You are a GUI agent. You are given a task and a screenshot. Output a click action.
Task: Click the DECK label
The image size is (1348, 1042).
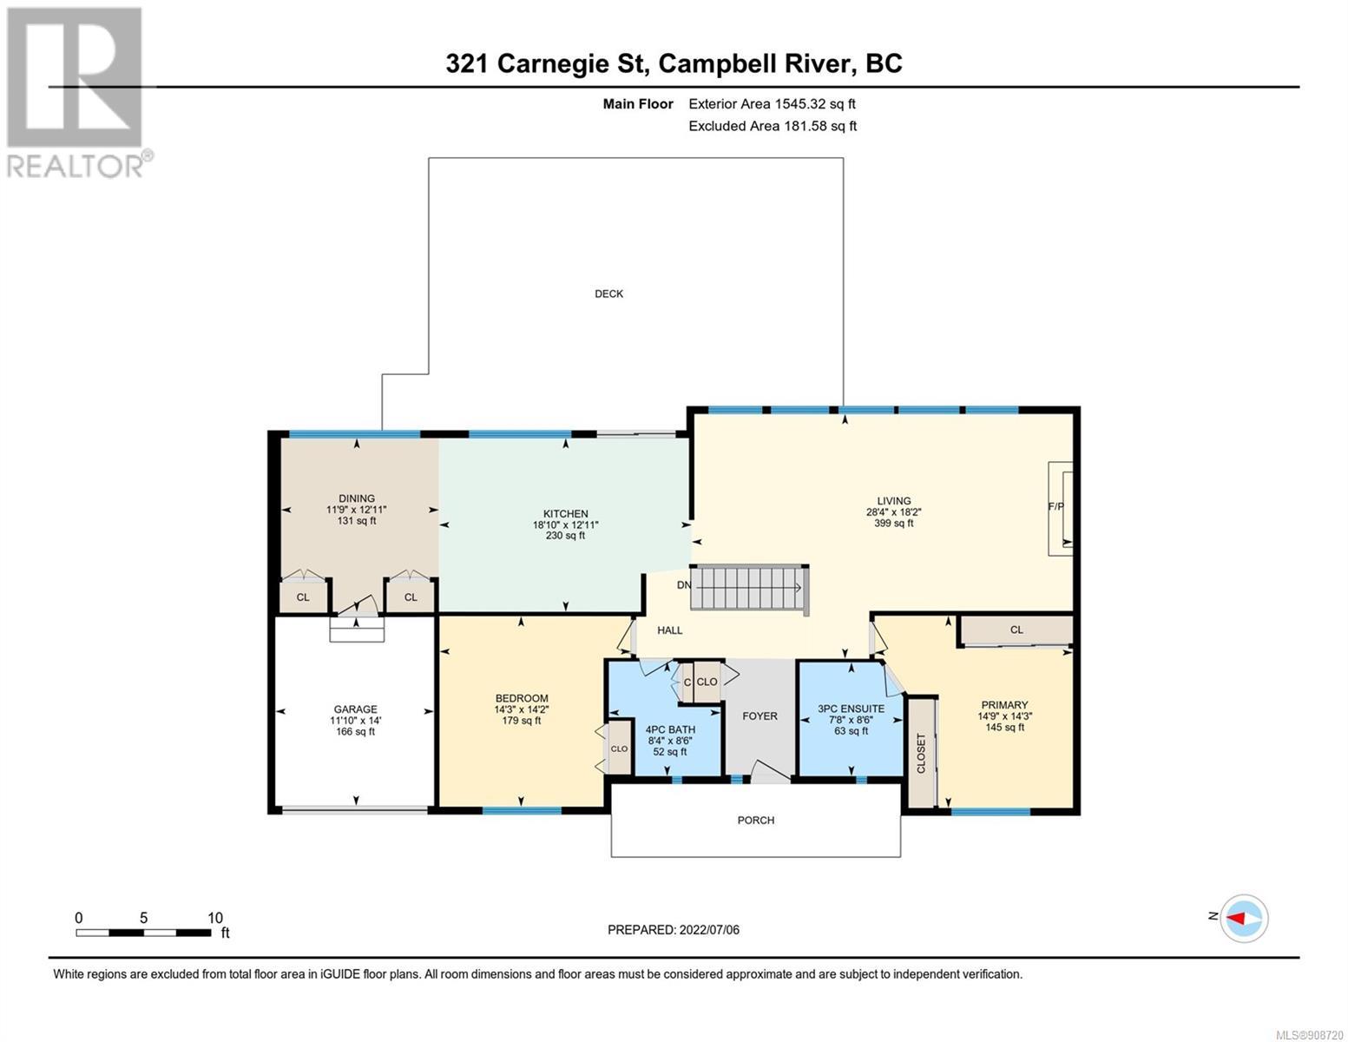pyautogui.click(x=608, y=293)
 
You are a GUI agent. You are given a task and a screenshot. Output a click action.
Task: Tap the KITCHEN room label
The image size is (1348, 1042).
pyautogui.click(x=565, y=513)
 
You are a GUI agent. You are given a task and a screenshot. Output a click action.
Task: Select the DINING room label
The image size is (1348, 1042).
pyautogui.click(x=357, y=498)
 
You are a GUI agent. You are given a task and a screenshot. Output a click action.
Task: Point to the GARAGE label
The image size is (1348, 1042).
pyautogui.click(x=356, y=709)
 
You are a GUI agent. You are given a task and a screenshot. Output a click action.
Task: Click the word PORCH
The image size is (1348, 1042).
pyautogui.click(x=755, y=820)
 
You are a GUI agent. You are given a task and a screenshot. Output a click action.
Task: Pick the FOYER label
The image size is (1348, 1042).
pyautogui.click(x=759, y=716)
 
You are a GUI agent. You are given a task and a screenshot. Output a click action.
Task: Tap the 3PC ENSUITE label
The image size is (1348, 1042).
pyautogui.click(x=852, y=708)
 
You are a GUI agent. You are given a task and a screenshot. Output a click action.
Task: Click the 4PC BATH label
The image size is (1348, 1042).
pyautogui.click(x=670, y=729)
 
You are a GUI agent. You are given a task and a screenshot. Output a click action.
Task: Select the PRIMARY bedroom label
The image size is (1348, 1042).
pyautogui.click(x=1004, y=704)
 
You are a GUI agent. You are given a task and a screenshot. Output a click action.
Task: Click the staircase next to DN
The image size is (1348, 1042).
pyautogui.click(x=749, y=587)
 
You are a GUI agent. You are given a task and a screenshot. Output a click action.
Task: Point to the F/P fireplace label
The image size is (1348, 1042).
pyautogui.click(x=1055, y=506)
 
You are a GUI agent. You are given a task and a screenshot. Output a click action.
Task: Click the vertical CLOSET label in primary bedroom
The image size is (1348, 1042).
pyautogui.click(x=921, y=754)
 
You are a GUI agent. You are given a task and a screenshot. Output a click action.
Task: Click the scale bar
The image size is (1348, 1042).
pyautogui.click(x=143, y=933)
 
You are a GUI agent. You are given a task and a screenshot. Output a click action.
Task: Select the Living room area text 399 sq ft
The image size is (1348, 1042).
pyautogui.click(x=893, y=524)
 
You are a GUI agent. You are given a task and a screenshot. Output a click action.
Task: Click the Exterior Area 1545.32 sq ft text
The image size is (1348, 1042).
pyautogui.click(x=772, y=104)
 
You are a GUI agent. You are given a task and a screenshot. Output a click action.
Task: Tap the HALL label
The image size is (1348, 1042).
pyautogui.click(x=669, y=630)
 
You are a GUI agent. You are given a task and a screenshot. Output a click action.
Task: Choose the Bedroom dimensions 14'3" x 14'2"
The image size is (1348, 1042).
pyautogui.click(x=521, y=709)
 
